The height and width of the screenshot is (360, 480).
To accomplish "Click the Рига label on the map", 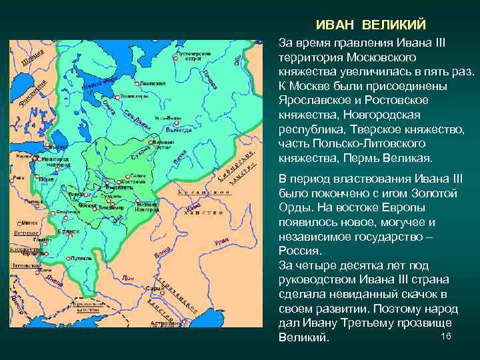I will [x=18, y=178].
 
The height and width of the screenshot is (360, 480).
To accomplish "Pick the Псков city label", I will [x=47, y=179].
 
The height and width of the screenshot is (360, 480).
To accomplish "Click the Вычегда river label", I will [x=178, y=131].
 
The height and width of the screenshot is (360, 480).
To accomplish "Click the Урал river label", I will [x=222, y=241].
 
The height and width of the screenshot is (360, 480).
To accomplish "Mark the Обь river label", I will [x=237, y=59].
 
